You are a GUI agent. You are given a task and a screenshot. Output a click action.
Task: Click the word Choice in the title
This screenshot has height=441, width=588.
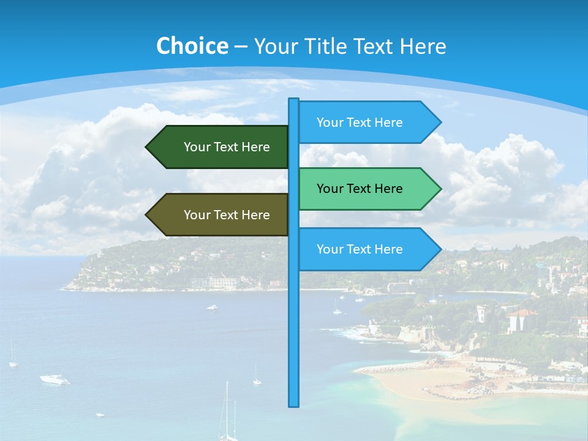coord(192,46)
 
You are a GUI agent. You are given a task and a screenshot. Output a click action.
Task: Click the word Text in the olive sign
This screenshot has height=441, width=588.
coord(227,215)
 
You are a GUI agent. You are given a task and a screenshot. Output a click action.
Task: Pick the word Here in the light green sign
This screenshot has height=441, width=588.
coord(388,189)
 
